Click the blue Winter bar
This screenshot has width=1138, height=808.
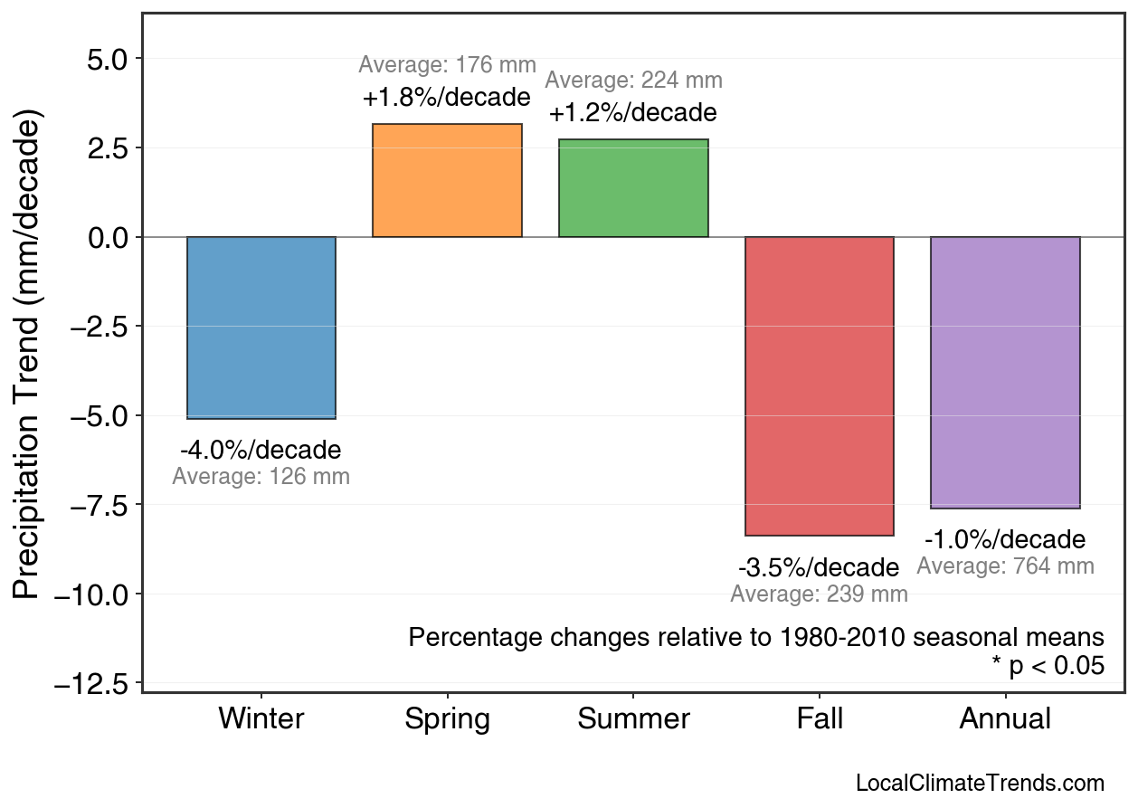point(261,328)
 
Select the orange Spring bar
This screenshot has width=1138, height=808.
point(447,181)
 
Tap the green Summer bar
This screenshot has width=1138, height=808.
point(633,188)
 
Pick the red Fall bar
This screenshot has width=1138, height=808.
point(819,386)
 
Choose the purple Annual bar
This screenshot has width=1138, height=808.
point(1005,373)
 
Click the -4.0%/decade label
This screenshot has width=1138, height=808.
point(261,450)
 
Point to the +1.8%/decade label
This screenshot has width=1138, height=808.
point(446,97)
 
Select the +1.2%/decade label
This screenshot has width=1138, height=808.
point(632,113)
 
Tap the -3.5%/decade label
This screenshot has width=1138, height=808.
point(819,568)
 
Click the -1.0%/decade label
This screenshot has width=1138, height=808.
point(1005,540)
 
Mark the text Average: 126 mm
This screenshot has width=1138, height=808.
point(261,477)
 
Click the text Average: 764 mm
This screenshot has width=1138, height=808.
point(1005,566)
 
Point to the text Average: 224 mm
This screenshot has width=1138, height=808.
point(633,81)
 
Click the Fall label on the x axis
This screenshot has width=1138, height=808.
point(820,719)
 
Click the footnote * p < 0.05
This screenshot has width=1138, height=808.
point(1048,666)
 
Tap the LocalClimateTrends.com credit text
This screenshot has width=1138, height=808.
point(979,784)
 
